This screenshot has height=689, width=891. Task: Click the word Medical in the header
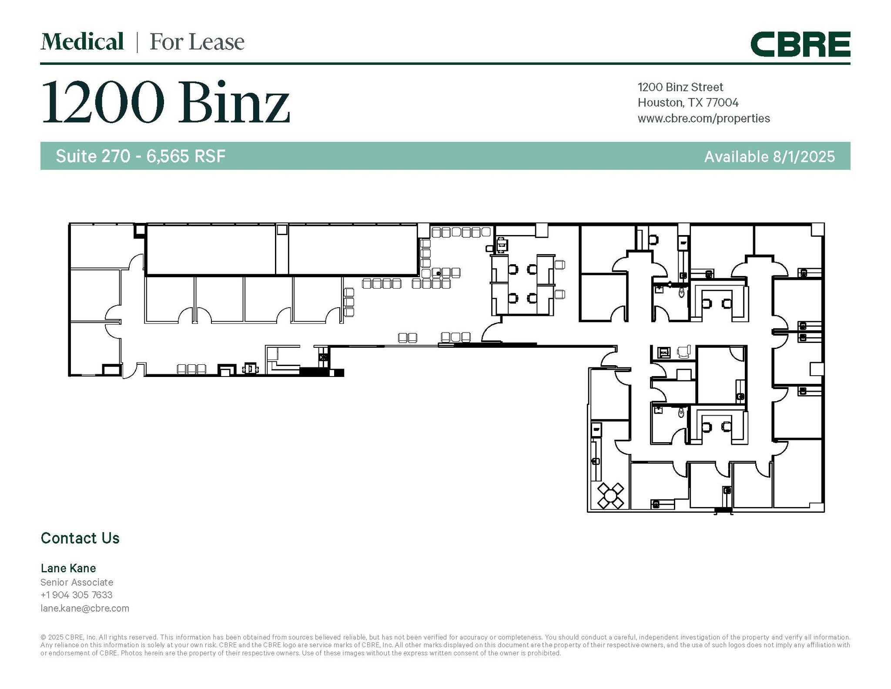pyautogui.click(x=82, y=42)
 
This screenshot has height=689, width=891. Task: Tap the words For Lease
pyautogui.click(x=197, y=42)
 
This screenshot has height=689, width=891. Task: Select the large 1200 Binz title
pyautogui.click(x=165, y=103)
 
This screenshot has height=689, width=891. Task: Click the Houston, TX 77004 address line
pyautogui.click(x=688, y=103)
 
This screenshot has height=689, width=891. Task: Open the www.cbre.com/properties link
pyautogui.click(x=703, y=118)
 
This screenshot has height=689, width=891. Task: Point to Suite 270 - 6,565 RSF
pyautogui.click(x=141, y=156)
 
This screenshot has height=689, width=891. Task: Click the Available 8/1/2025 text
pyautogui.click(x=769, y=156)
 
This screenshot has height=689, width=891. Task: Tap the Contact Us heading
pyautogui.click(x=80, y=538)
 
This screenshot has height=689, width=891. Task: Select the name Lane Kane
pyautogui.click(x=68, y=568)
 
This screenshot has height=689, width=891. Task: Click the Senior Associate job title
pyautogui.click(x=77, y=582)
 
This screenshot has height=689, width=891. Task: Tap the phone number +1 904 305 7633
pyautogui.click(x=77, y=595)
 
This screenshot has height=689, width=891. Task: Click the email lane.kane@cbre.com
pyautogui.click(x=85, y=608)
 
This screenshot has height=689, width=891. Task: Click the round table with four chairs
pyautogui.click(x=610, y=496)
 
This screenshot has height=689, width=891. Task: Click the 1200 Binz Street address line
pyautogui.click(x=680, y=87)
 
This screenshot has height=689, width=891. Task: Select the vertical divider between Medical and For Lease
pyautogui.click(x=137, y=43)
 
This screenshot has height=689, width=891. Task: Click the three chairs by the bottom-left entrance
pyautogui.click(x=191, y=369)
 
